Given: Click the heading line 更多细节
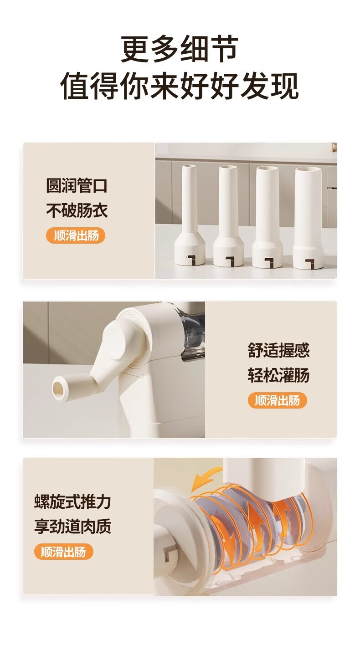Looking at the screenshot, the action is tap(180, 49).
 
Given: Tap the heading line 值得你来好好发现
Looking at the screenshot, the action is tap(180, 86).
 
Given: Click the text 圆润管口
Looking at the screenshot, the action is tap(77, 185).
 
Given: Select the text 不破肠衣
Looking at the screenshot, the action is tap(77, 210).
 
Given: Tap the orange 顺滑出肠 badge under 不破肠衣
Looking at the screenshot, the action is tap(76, 236).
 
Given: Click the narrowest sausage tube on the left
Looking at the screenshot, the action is tap(190, 215).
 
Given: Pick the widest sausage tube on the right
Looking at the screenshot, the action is tap(308, 218).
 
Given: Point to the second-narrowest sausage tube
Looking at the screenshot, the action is tap(228, 216).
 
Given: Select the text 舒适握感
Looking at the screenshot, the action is tap(278, 350).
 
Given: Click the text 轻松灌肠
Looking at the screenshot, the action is tap(278, 375).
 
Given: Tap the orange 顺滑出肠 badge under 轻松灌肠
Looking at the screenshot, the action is tap(277, 400).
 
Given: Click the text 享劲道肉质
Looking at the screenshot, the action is tap(72, 526).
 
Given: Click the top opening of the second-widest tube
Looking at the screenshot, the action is tap(267, 170).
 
